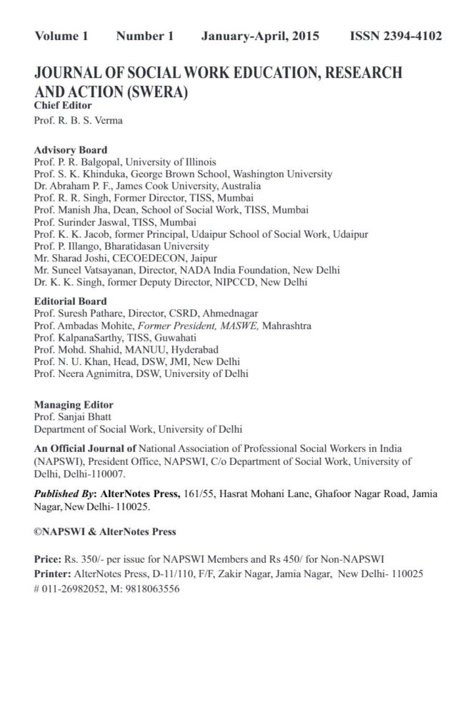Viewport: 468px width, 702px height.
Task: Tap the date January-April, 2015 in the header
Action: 260,36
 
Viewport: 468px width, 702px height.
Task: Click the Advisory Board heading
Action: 71,151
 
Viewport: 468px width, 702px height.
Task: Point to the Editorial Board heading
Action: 71,301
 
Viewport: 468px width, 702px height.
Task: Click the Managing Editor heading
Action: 74,404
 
